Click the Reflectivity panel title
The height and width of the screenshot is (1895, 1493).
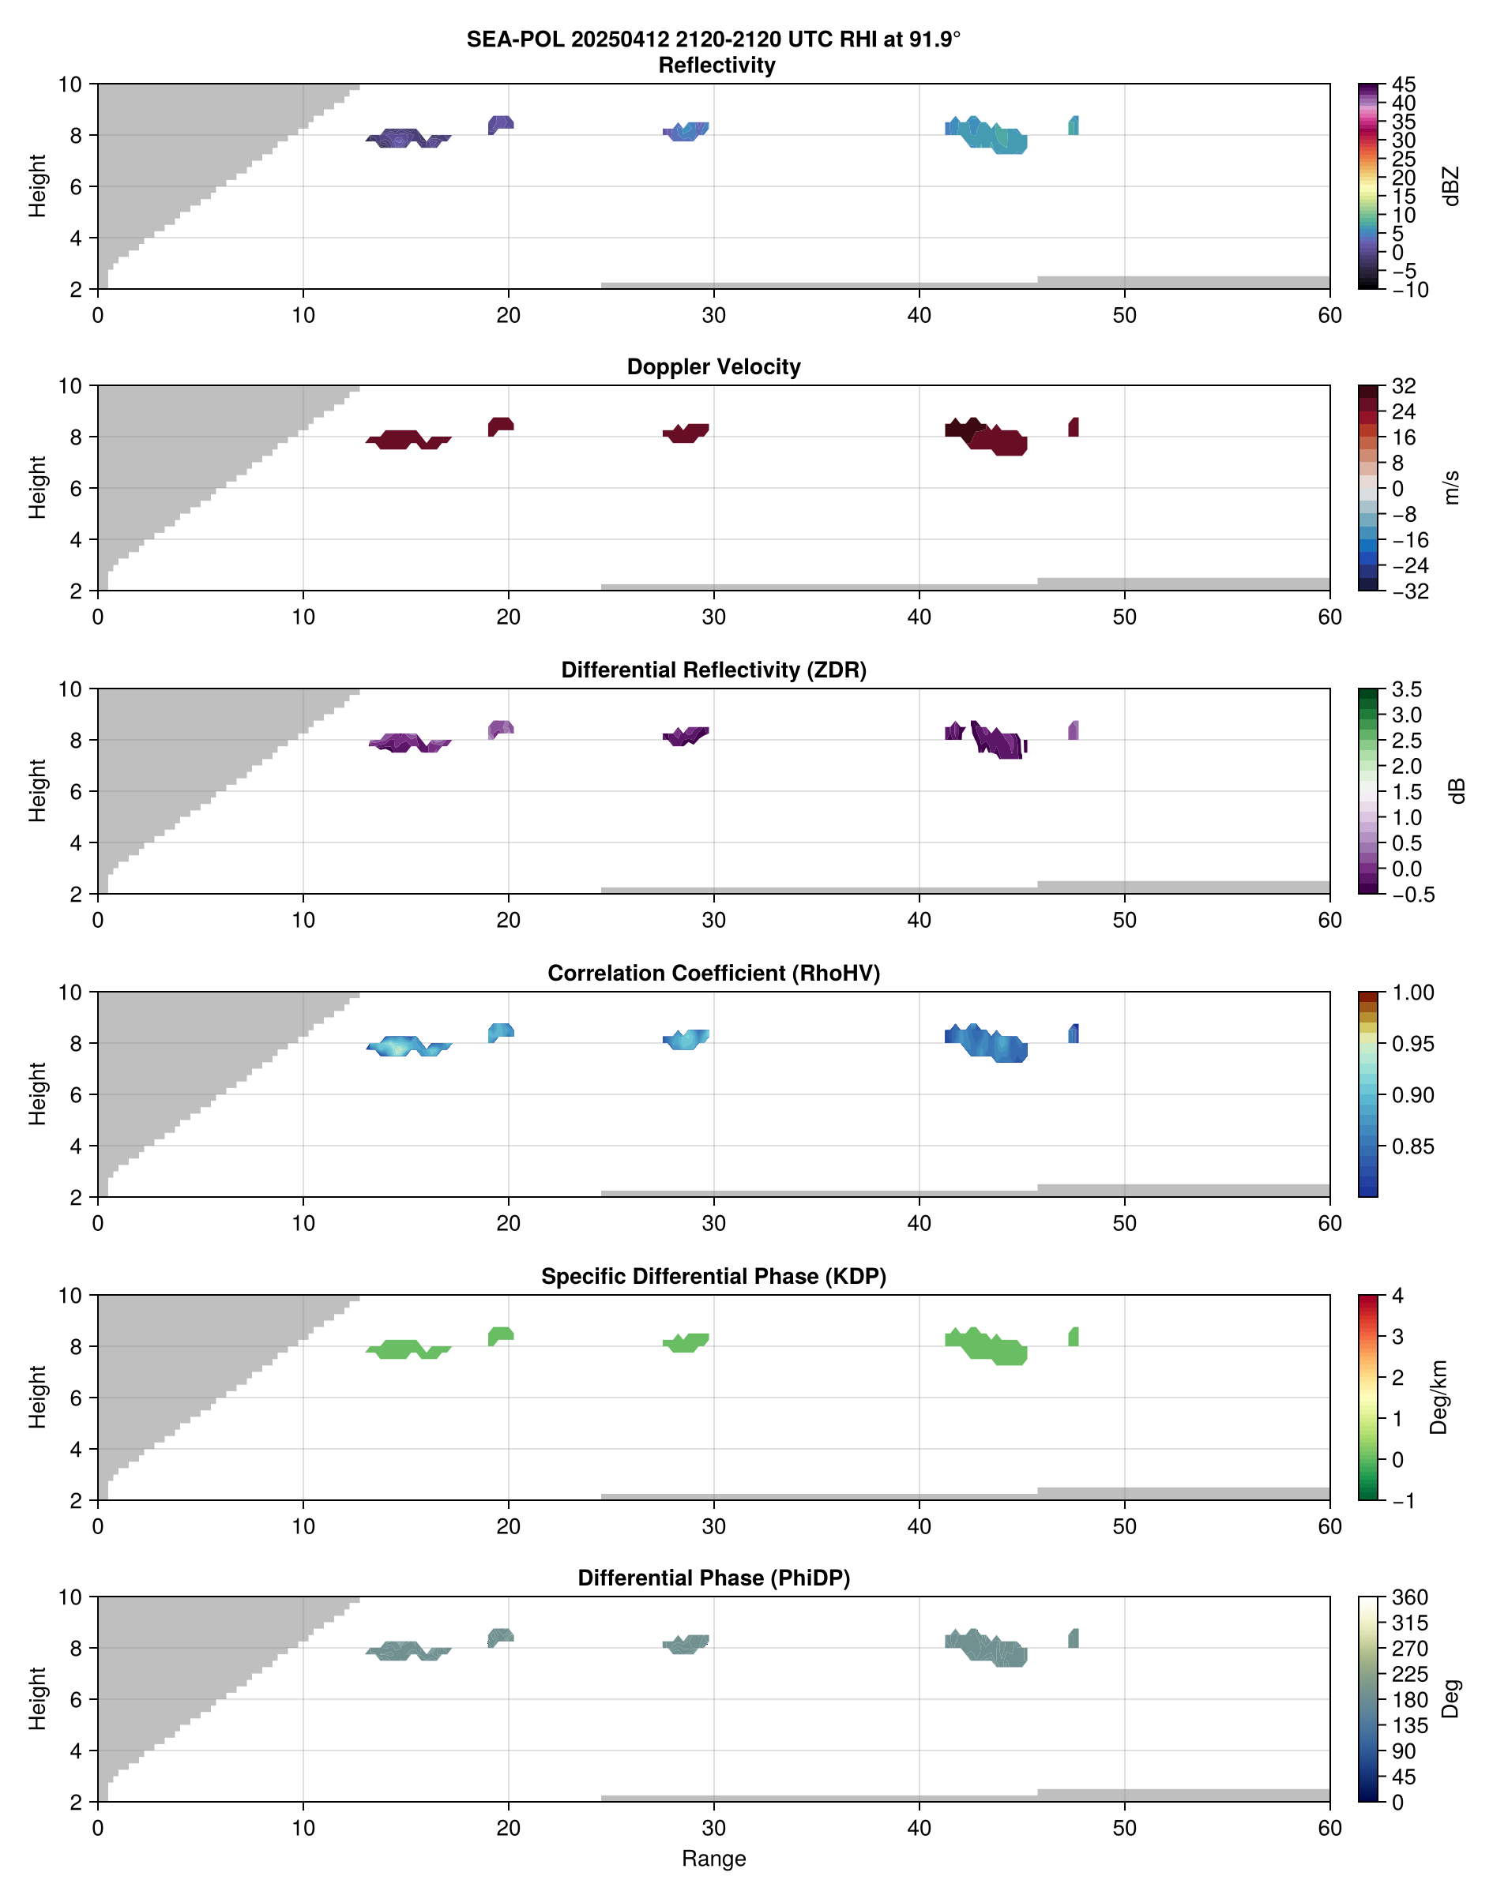(716, 66)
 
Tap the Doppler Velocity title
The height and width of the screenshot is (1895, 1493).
(713, 367)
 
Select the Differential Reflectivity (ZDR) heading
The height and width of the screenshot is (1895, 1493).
(713, 670)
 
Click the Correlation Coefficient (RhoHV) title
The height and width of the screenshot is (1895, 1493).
(713, 974)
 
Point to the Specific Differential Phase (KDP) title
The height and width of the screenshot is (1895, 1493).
(713, 1277)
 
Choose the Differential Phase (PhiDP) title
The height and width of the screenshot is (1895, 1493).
(713, 1578)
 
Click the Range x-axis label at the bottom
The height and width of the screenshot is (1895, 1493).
(713, 1859)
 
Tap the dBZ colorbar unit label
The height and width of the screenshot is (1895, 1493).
(1451, 186)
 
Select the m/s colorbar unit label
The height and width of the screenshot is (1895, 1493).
(1451, 487)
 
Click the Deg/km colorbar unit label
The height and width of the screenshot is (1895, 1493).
(1438, 1397)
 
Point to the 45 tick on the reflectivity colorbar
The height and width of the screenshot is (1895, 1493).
(1404, 84)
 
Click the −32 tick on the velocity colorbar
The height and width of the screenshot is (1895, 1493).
(1409, 591)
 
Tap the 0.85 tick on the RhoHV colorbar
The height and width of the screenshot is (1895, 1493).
(1412, 1146)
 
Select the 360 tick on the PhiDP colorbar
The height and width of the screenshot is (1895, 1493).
(1409, 1598)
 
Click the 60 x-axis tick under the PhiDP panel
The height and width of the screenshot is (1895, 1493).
(1329, 1828)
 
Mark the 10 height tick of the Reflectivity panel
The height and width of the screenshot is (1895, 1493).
(70, 84)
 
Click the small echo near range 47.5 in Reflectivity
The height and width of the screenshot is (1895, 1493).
(1074, 126)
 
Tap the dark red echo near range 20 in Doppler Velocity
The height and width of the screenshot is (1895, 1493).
(500, 426)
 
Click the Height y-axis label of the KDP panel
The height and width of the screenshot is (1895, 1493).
(36, 1397)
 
